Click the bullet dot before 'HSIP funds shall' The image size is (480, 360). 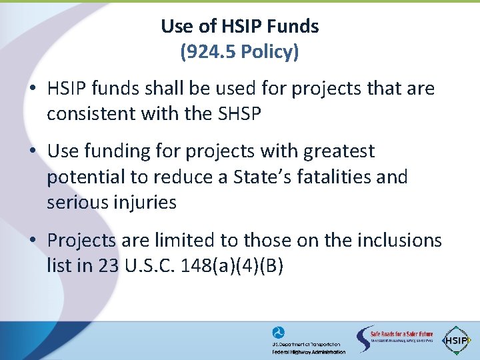click(x=32, y=89)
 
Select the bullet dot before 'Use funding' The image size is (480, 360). click(x=32, y=152)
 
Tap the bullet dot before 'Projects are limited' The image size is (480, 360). click(x=32, y=241)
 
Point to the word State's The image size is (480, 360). click(x=235, y=177)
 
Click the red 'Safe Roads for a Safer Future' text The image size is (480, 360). click(x=402, y=333)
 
